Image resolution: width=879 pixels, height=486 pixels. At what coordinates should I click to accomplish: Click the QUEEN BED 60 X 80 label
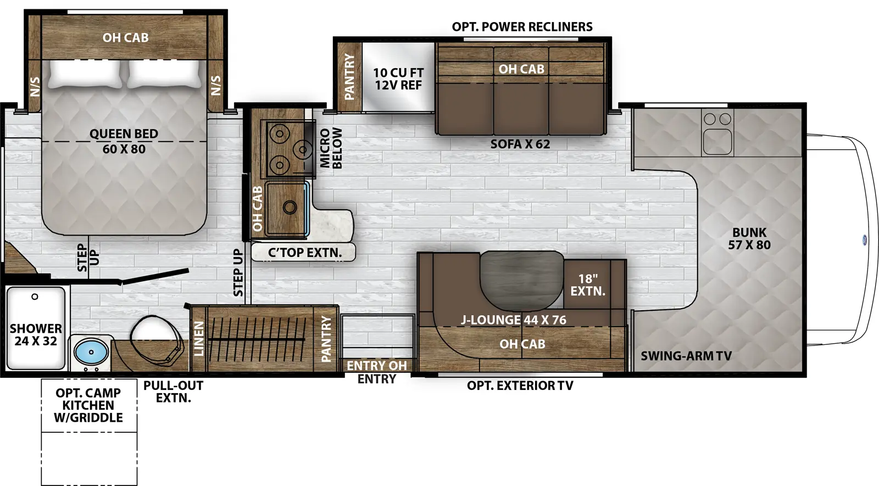[124, 141]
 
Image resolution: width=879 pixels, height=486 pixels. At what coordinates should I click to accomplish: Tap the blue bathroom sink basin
[91, 351]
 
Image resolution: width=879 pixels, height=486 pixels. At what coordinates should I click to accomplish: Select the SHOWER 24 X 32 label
[36, 334]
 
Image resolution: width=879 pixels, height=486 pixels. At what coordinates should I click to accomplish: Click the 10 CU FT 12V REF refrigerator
[398, 79]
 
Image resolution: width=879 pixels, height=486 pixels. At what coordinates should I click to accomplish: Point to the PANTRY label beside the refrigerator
[349, 76]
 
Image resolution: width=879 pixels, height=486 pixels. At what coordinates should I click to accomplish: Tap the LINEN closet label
[199, 338]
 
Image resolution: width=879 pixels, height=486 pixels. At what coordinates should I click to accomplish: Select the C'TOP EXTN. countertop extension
[304, 253]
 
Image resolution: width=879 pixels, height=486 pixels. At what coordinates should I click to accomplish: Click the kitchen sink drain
[290, 207]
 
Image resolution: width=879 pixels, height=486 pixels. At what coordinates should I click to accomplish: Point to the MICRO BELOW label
[331, 148]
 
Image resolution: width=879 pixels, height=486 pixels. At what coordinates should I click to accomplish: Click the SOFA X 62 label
[520, 144]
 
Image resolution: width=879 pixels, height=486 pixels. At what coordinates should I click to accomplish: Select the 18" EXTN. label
[587, 285]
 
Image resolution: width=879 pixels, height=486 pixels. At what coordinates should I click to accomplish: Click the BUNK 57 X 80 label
[749, 239]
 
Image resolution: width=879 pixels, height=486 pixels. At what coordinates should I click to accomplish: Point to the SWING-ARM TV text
[686, 356]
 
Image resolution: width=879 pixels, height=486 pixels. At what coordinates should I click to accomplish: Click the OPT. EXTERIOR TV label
[520, 386]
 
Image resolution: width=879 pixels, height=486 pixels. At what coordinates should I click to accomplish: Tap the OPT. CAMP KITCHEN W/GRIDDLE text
[88, 405]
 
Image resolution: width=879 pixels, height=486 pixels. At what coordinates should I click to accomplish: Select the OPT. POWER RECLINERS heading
[522, 27]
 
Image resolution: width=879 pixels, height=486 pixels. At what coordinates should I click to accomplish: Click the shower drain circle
[35, 297]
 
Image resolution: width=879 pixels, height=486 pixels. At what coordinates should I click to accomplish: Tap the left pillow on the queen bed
[85, 74]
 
